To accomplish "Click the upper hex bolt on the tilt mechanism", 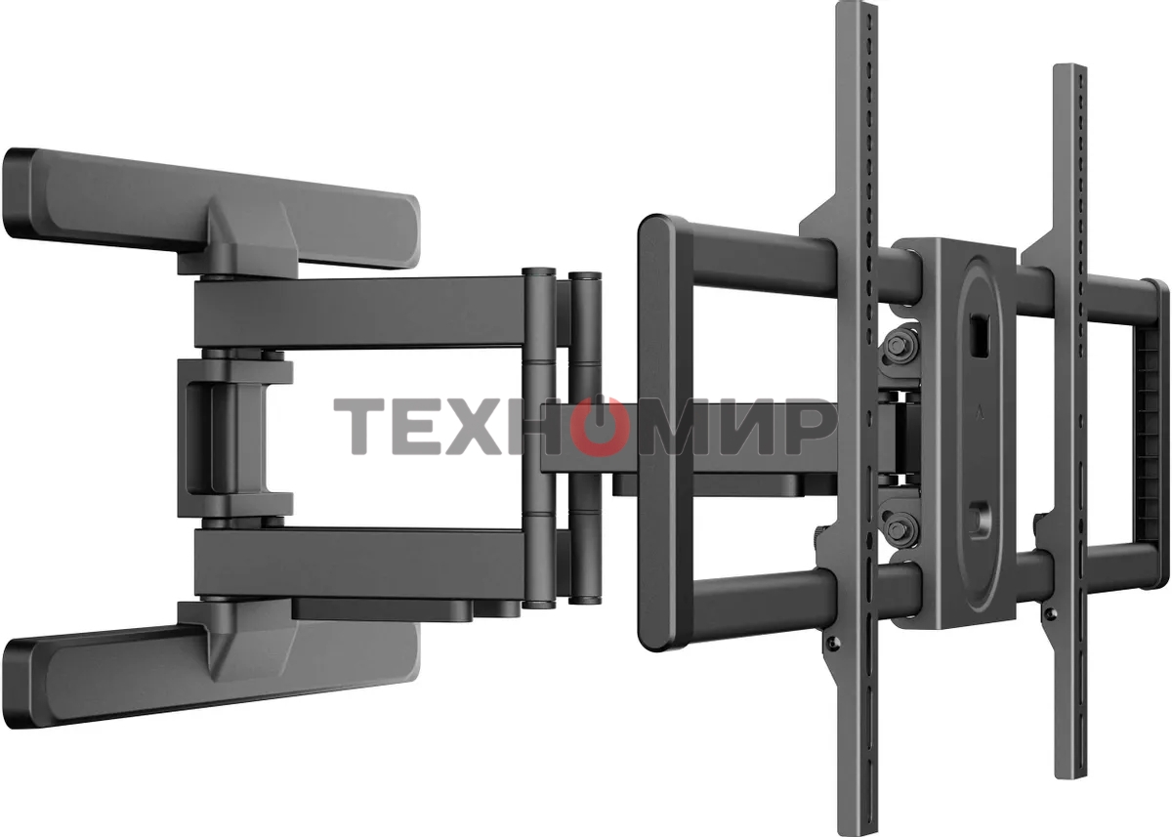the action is (x=900, y=346).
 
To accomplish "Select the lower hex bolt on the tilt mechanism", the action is (x=900, y=529).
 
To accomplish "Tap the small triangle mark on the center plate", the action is (x=978, y=414).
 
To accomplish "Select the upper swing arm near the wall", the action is (x=361, y=314).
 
